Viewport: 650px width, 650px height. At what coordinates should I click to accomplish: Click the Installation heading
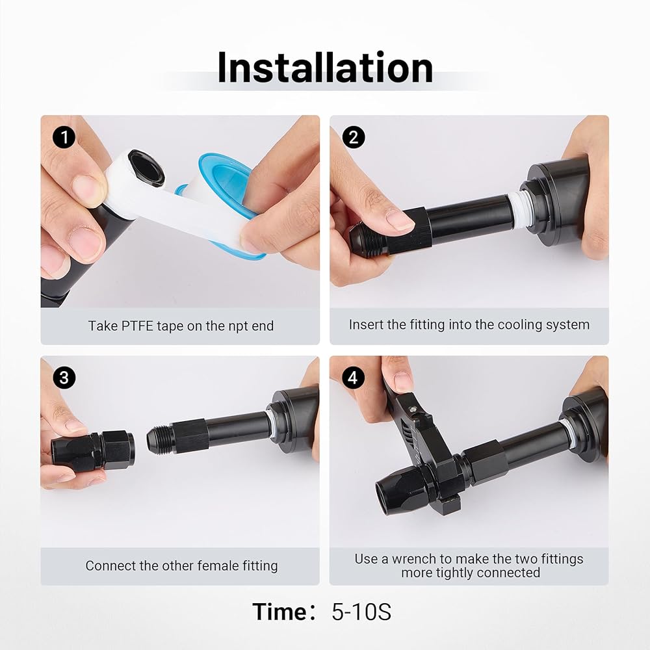(325, 68)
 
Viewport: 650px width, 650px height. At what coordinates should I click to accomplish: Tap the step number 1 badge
(64, 137)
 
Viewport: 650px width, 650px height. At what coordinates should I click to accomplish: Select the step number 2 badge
(353, 137)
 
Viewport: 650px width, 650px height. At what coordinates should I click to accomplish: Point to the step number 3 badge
(64, 378)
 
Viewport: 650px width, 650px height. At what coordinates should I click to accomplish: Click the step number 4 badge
(353, 378)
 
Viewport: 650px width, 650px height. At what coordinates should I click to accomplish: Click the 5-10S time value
(361, 612)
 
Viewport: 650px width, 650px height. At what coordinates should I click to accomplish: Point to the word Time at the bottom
(279, 612)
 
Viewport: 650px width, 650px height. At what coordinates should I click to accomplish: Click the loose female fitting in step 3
(93, 450)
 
